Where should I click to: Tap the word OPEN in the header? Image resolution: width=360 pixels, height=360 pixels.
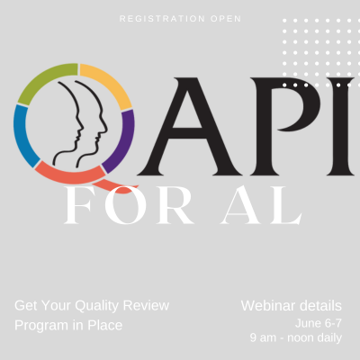pos(226,19)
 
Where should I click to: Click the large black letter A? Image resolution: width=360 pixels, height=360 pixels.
pos(190,127)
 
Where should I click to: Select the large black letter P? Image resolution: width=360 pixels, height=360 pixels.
pos(285,127)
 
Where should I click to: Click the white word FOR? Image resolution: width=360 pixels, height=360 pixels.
pos(129,205)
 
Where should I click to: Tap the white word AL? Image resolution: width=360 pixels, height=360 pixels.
pos(261,205)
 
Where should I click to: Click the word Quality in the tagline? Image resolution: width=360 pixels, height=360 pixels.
pos(96,306)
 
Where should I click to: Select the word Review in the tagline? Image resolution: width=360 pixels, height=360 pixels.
pos(146,305)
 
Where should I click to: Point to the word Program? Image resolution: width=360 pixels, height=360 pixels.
pos(41,326)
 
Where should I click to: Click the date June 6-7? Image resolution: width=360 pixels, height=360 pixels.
pos(319,323)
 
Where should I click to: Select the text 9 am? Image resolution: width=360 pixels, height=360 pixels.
pos(263,337)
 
